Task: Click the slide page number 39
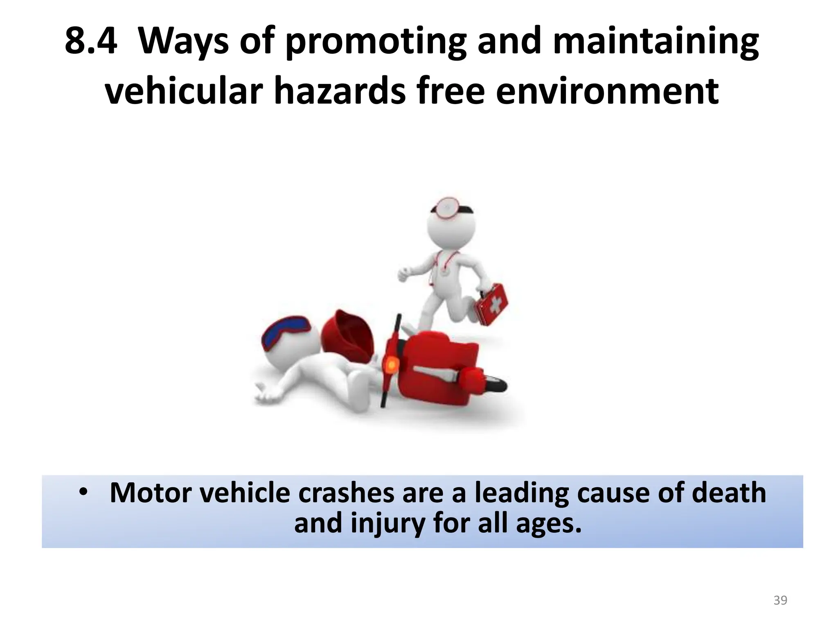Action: click(x=780, y=600)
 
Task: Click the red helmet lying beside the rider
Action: click(x=348, y=335)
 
